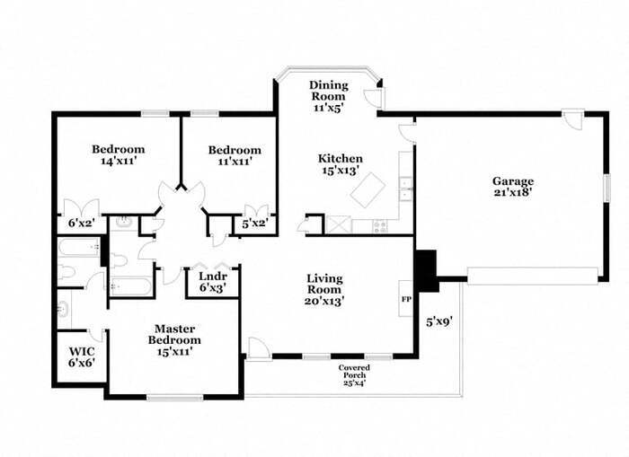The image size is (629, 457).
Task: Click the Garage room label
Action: (x=512, y=180)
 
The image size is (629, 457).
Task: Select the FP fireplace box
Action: (x=406, y=298)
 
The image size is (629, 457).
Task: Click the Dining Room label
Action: (x=329, y=90)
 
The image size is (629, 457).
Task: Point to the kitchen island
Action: (x=368, y=190)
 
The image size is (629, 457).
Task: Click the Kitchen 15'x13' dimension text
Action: (x=341, y=169)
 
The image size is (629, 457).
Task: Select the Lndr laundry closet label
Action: (x=212, y=276)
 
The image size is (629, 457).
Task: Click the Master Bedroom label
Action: (x=175, y=334)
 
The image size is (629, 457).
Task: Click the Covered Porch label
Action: (x=354, y=368)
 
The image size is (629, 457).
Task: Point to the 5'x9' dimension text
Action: (x=439, y=320)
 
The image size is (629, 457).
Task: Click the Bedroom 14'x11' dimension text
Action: (x=118, y=162)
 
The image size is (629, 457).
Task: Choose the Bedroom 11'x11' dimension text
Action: (x=235, y=163)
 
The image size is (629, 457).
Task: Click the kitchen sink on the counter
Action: (x=405, y=189)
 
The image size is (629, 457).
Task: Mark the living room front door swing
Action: (x=257, y=347)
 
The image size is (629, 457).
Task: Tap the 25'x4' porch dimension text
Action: (x=354, y=383)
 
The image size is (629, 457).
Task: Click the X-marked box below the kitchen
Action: (x=339, y=224)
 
